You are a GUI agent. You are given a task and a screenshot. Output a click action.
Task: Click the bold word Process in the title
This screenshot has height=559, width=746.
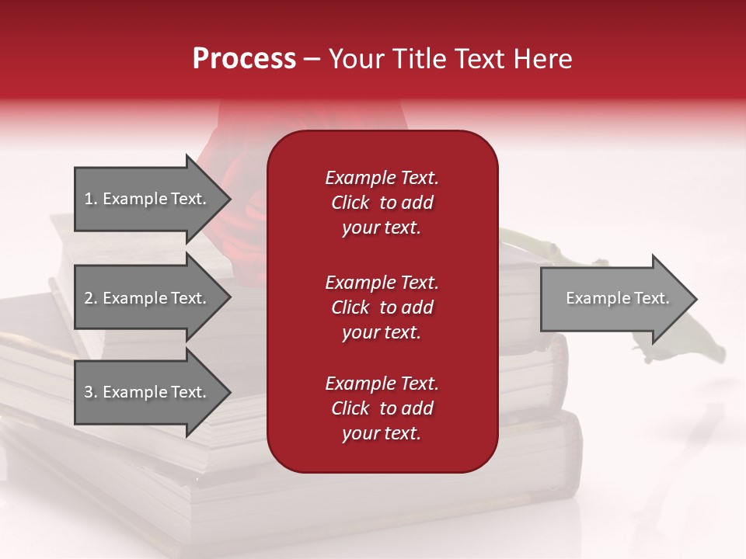(x=244, y=59)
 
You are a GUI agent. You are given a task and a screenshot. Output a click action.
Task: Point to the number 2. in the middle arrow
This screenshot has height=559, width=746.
(x=90, y=298)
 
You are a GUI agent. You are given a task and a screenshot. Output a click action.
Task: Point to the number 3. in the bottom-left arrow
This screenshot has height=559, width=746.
(x=90, y=392)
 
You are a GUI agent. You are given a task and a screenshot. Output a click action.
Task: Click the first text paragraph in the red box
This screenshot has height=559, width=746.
(x=382, y=203)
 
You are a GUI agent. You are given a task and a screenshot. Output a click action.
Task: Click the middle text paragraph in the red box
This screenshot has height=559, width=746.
(x=382, y=307)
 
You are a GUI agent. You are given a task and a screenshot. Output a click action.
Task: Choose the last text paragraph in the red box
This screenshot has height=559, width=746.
(x=382, y=408)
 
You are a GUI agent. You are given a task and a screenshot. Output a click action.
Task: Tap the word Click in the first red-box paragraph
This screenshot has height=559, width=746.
(x=350, y=203)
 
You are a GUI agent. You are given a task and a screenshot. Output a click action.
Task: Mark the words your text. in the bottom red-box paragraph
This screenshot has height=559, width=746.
(x=382, y=434)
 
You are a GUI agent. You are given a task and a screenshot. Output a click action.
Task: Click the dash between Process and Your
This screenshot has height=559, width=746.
(x=311, y=59)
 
